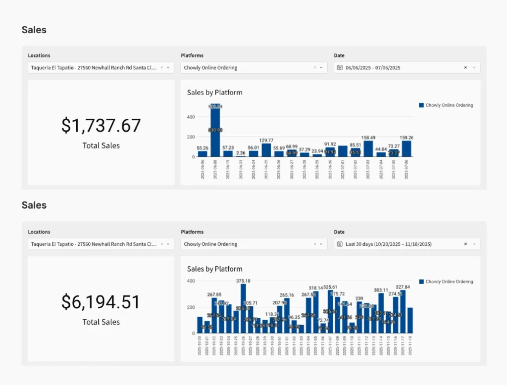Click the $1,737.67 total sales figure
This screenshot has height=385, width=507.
coord(101,126)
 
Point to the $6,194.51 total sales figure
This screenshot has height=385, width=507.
coord(101,302)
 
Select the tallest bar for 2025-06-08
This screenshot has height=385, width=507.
coord(215,131)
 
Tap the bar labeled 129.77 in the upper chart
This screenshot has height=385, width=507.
coord(266,150)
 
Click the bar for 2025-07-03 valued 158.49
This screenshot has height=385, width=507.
coord(368,148)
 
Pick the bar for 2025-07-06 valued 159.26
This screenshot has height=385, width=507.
coord(406,148)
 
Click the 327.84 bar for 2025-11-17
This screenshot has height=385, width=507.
coord(403,311)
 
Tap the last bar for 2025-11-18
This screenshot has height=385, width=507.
coord(410,320)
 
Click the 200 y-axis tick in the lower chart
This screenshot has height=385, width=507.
coord(191,307)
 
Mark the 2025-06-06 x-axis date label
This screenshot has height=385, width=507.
coord(203,169)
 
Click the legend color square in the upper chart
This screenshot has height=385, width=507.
coord(421,105)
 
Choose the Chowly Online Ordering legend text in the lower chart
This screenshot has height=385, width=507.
coord(449,282)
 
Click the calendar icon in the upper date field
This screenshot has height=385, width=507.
coord(340,68)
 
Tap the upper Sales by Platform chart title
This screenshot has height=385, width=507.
coord(214,93)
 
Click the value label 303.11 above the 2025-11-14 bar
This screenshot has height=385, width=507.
coord(381,290)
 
